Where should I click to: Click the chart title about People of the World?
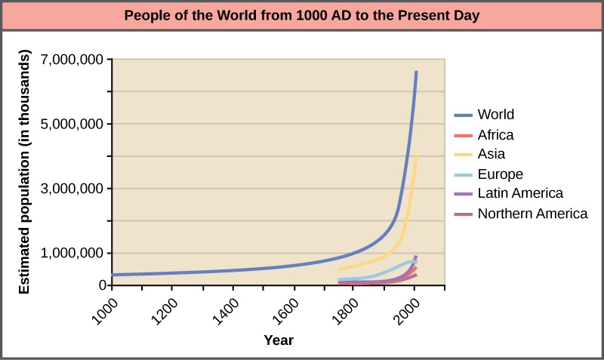tap(302, 15)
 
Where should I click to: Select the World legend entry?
tap(495, 115)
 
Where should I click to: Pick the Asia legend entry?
tap(491, 155)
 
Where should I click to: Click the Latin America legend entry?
tap(519, 194)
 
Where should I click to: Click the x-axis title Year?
tap(279, 340)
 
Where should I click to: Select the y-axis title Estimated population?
tap(24, 172)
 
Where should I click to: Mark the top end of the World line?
tap(416, 72)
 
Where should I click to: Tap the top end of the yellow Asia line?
tap(416, 156)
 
